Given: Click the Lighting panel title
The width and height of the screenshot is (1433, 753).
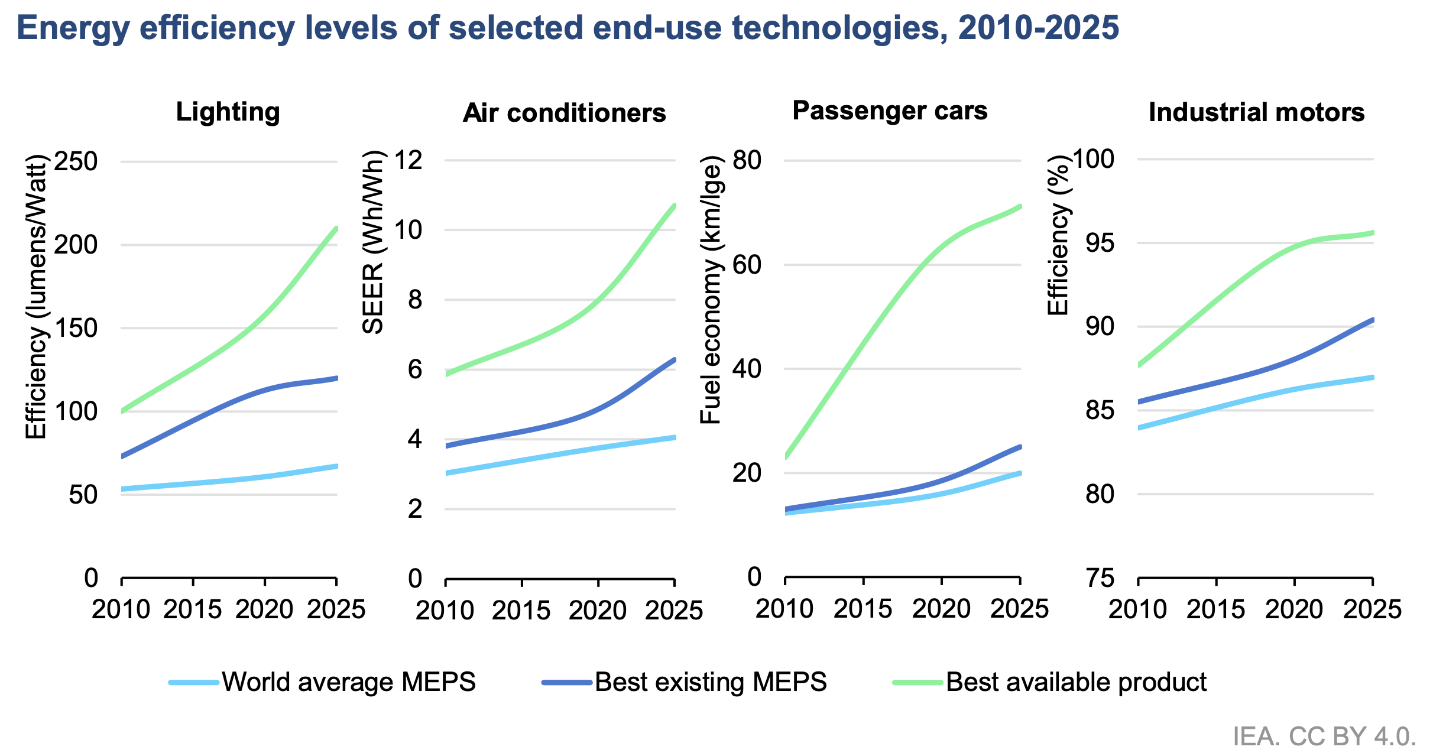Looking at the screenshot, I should (x=228, y=112).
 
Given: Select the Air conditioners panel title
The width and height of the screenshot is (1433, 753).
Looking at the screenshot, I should (x=564, y=113).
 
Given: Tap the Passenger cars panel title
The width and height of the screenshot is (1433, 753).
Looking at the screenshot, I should (x=890, y=111).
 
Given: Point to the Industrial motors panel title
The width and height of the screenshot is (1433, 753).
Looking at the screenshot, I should (x=1256, y=112).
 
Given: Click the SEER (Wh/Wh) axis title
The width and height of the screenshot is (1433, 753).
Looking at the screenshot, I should (x=373, y=242).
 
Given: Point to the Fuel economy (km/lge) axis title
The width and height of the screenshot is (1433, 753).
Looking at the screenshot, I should (x=711, y=290).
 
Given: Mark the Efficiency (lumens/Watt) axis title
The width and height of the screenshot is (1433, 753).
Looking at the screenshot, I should (x=36, y=297).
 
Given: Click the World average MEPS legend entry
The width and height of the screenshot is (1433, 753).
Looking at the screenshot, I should (x=348, y=682).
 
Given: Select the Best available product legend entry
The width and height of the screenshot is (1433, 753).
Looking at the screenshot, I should (x=1075, y=682).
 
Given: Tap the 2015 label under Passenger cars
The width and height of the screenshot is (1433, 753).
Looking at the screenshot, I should (x=863, y=609).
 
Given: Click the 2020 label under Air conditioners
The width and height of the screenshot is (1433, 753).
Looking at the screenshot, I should (x=597, y=611).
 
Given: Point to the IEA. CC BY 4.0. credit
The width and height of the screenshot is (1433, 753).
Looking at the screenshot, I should (x=1324, y=736).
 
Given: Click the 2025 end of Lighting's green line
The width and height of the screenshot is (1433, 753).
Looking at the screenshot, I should (x=336, y=229).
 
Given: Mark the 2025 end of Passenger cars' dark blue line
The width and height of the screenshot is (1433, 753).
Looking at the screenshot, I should (x=1019, y=447).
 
